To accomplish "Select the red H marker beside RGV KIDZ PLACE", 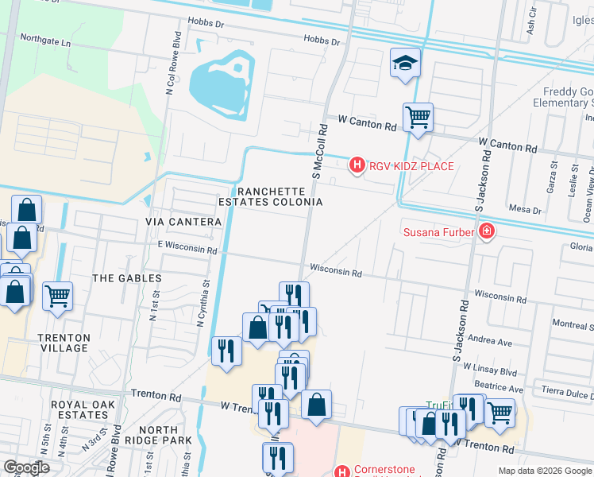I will coord(357,165).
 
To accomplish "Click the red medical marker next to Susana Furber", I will coord(486,232).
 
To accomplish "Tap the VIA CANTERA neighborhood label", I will coord(183,222).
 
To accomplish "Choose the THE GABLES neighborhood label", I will coord(127,278).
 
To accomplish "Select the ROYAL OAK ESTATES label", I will coord(83,409).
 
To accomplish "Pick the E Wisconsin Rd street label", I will coord(187,250).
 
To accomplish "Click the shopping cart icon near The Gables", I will coord(58,297).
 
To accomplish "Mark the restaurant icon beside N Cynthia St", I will coord(226,351).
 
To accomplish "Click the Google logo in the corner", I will coord(27,467).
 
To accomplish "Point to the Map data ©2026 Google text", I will coord(544,471).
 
